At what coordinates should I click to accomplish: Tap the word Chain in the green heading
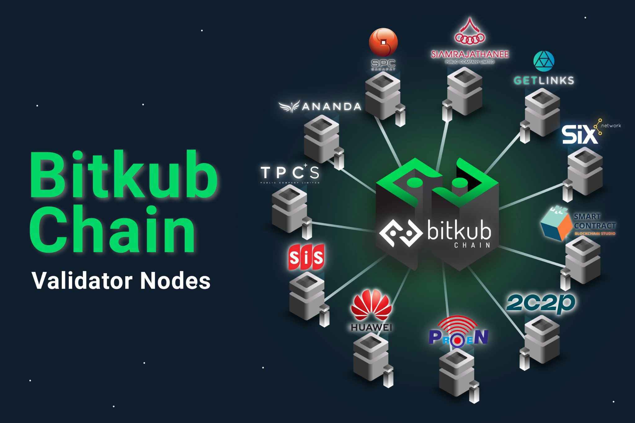[x=113, y=231]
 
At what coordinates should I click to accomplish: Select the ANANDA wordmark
[x=331, y=107]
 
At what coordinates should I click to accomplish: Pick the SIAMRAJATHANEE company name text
[x=470, y=54]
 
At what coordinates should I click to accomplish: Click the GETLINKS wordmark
[x=544, y=81]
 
